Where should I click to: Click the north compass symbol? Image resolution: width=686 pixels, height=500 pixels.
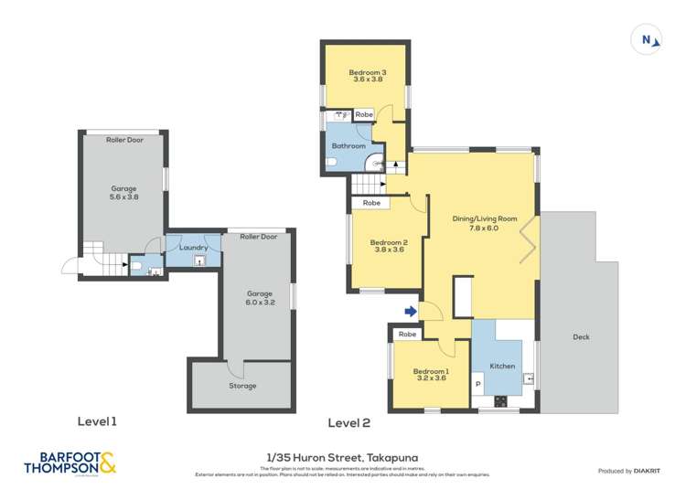(x=647, y=39)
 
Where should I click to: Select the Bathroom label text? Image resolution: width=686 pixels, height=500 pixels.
(x=348, y=146)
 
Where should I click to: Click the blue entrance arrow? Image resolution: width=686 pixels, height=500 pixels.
(x=411, y=312)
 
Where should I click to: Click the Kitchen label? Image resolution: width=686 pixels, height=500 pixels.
(x=502, y=366)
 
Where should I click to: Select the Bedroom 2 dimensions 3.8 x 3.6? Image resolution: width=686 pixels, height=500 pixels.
(x=388, y=251)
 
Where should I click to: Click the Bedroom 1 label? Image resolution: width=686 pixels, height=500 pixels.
(x=431, y=371)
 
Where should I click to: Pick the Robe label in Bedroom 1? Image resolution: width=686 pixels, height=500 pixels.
(x=408, y=335)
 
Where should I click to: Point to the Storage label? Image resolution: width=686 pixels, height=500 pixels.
(x=243, y=386)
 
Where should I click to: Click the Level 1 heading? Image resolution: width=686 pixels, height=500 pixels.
(x=97, y=422)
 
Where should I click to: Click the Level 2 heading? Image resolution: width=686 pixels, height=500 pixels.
(x=348, y=422)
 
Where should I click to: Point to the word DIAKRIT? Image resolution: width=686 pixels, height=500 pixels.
(x=646, y=471)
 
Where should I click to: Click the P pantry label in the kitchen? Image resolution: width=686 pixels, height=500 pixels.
(x=477, y=382)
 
